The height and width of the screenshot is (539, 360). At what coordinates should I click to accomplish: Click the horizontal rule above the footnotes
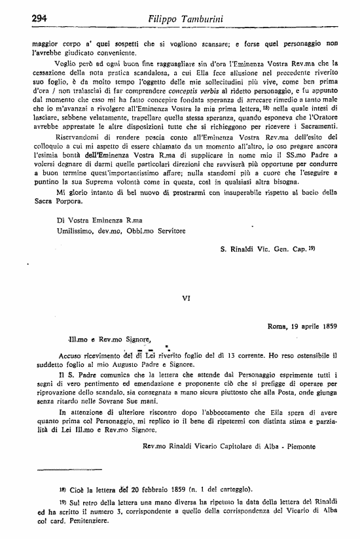click(x=65, y=470)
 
